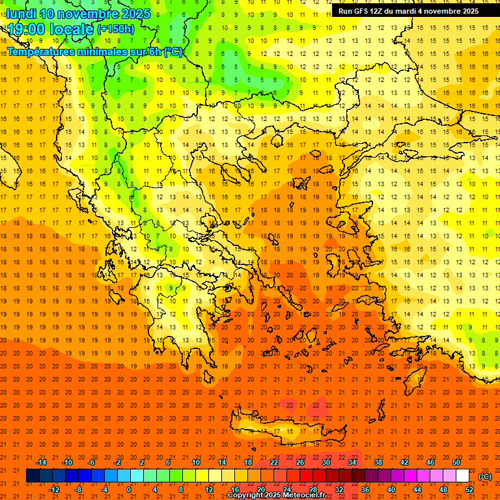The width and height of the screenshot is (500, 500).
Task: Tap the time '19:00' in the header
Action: (27, 29)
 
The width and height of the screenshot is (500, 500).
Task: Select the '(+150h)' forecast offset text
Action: (116, 29)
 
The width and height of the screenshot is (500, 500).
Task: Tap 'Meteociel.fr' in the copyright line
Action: (303, 495)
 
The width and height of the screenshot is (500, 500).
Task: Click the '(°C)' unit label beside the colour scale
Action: (485, 477)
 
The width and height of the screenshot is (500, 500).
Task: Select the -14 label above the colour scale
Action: (41, 462)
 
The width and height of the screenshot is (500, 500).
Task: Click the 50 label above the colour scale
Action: (456, 462)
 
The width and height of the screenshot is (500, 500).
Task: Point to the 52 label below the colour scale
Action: (469, 490)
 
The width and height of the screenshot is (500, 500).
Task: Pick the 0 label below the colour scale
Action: (130, 490)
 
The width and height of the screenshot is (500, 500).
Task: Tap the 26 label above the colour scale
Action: (300, 462)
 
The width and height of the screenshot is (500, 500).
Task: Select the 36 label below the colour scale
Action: (365, 490)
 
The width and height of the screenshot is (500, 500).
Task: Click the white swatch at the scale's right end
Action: (462, 476)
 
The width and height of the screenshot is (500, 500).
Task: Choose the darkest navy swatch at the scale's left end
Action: (33, 476)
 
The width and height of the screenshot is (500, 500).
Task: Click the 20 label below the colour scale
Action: (261, 490)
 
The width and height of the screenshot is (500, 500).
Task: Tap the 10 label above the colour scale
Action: (195, 462)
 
